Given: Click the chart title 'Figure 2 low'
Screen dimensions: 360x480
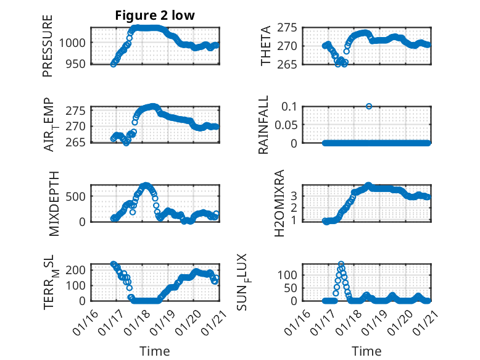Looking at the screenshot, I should coord(155,16).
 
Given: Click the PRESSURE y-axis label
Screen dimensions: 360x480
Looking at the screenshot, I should coord(48,46).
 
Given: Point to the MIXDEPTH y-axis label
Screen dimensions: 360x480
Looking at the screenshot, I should coord(53,203).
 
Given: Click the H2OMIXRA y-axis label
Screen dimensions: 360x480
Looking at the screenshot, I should coord(279,203).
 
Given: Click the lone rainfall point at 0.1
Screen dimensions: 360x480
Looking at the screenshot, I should coord(369,106).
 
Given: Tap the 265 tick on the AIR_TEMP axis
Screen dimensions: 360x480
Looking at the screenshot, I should coord(78,142).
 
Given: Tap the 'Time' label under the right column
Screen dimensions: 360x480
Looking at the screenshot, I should coord(366,351).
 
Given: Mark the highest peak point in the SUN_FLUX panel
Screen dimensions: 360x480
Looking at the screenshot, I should coord(341,264).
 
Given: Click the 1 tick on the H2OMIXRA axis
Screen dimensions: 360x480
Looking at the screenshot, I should coord(315,220).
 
